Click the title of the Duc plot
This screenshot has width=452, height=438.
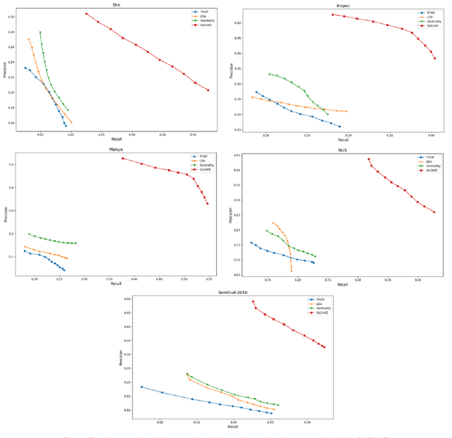pos(117,5)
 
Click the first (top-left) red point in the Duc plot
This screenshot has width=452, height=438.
pos(86,13)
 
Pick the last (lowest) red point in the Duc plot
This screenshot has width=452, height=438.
pos(208,90)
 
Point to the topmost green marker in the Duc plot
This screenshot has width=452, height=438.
pos(40,32)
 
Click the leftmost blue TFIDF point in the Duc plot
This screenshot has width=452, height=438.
pos(25,68)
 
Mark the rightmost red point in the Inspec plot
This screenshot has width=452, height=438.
pos(435,59)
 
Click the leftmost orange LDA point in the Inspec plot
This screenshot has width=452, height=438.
pos(252,97)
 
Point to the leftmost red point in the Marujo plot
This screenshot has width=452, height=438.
pos(122,158)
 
